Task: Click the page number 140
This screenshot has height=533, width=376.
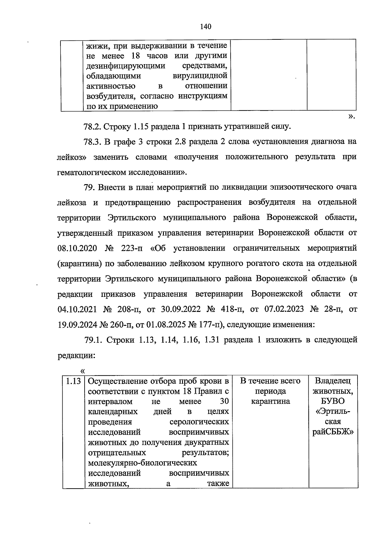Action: [x=206, y=27]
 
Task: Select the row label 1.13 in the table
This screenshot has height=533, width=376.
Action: [x=73, y=381]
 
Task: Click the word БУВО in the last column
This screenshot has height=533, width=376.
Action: [x=332, y=401]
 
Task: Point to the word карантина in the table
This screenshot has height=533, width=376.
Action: [x=270, y=401]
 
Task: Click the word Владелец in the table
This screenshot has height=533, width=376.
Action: [x=332, y=381]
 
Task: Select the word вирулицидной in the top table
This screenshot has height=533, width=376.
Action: [x=200, y=76]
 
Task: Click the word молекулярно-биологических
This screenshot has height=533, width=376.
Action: [x=143, y=463]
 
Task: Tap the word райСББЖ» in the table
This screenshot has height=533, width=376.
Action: [x=332, y=432]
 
